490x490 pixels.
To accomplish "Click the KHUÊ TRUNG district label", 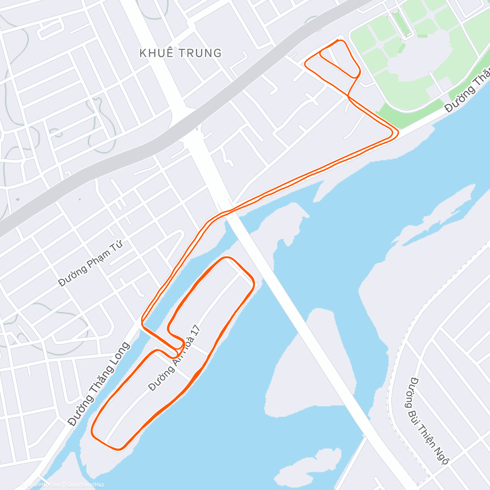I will point(180,53).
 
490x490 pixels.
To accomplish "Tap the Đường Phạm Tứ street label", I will point(90,264).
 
